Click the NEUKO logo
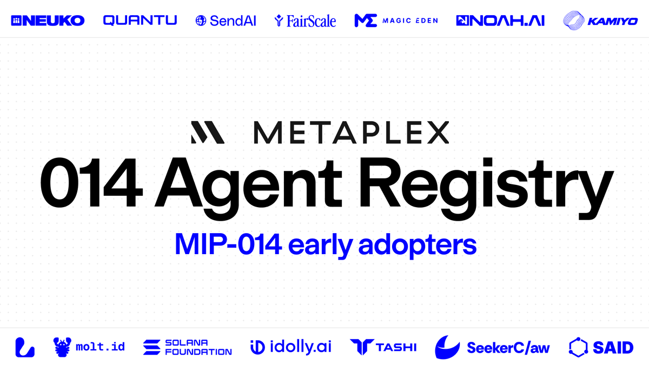48,21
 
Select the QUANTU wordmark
140,21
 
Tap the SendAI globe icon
201,21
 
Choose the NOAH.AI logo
500,21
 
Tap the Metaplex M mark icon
208,132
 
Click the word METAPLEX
350,132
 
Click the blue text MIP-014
228,245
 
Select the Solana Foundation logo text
198,347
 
